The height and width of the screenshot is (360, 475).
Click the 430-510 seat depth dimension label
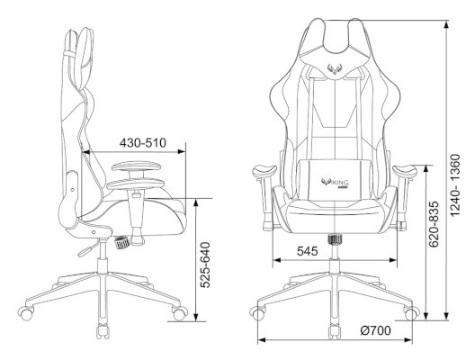pos(143,143)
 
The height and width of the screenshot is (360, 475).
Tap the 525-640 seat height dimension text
pos(206,265)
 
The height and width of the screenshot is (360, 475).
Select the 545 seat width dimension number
pos(307,251)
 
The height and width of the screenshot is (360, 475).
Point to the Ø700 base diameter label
pos(375,330)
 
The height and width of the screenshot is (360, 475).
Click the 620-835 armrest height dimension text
pos(434,223)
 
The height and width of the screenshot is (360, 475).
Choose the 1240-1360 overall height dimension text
pos(455,185)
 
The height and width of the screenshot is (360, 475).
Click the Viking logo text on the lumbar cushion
pos(335,183)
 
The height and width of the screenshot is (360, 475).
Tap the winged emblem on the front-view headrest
pos(334,68)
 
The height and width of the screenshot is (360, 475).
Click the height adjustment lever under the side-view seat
pos(88,248)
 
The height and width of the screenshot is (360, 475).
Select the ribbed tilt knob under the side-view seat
pos(121,242)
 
